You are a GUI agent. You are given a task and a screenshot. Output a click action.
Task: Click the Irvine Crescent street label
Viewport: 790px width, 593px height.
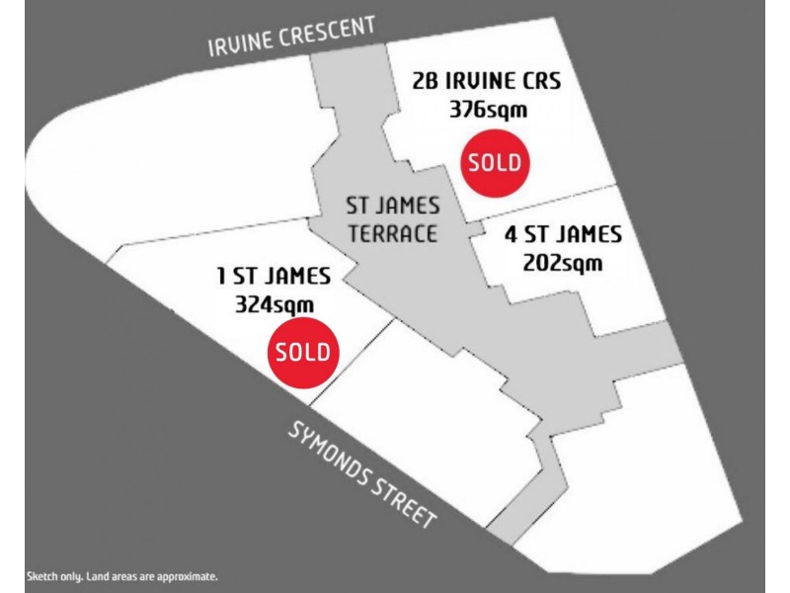click(x=291, y=37)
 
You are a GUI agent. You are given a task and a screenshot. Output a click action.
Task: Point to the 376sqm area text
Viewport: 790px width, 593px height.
click(x=488, y=110)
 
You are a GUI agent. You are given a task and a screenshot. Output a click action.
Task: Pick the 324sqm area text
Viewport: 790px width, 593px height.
click(x=275, y=304)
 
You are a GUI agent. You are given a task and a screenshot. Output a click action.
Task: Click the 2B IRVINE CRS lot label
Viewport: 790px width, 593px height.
click(x=488, y=81)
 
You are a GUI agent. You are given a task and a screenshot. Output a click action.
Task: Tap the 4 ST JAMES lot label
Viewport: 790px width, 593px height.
click(x=563, y=235)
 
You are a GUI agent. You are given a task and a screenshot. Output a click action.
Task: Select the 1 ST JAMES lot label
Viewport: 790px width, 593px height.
click(x=274, y=276)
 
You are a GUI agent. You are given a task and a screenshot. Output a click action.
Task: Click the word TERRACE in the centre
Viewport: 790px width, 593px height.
click(x=391, y=234)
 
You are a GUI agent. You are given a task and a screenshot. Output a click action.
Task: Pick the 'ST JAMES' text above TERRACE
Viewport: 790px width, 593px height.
click(x=392, y=207)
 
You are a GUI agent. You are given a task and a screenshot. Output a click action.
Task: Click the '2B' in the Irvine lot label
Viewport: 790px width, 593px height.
click(x=427, y=81)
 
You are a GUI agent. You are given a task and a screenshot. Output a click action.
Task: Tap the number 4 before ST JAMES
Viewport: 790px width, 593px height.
click(x=511, y=235)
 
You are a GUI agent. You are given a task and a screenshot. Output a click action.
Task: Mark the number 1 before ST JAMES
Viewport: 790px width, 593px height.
click(x=222, y=276)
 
